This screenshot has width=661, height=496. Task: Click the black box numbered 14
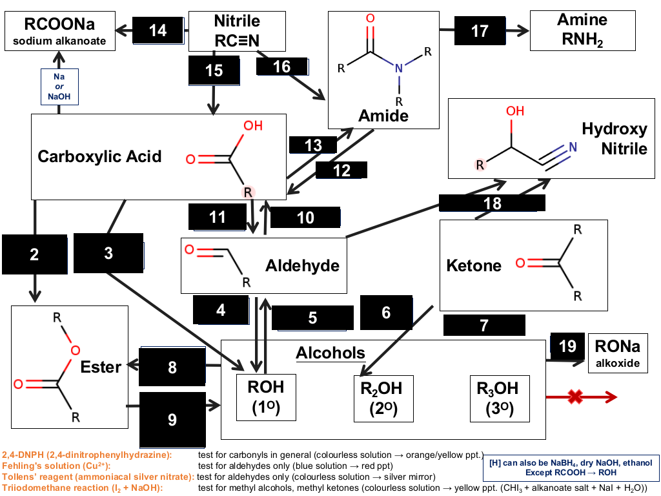158,30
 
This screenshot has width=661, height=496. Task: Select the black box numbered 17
480,30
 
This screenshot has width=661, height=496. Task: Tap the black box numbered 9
172,420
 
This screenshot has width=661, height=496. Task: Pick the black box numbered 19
567,346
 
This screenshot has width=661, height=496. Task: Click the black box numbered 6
386,313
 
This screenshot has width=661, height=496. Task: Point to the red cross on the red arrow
575,397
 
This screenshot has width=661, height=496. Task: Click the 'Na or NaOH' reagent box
59,87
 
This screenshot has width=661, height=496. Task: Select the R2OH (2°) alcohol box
383,398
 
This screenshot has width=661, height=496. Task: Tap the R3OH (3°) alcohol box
500,398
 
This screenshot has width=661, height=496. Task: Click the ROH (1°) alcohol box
266,397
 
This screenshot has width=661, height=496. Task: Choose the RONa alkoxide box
618,353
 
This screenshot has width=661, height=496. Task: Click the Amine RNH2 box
583,30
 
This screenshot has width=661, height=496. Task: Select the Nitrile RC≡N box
237,31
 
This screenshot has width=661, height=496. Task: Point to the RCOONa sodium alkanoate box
60,31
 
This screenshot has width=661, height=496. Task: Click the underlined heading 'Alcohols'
330,353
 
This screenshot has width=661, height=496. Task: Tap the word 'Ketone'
474,265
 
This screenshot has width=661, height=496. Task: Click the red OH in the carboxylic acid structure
253,126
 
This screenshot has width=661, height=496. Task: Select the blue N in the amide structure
399,68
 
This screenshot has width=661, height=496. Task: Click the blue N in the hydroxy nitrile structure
573,147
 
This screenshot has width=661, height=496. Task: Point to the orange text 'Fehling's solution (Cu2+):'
56,466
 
